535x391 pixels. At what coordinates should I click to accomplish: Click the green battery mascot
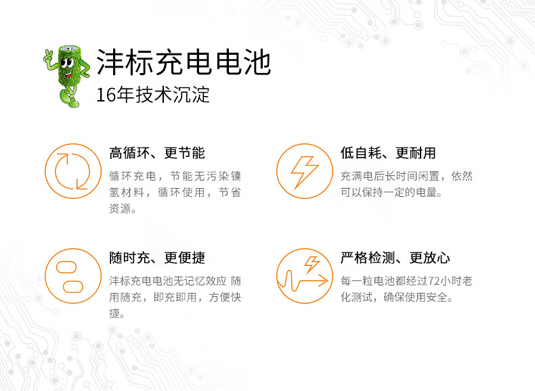tap(68, 76)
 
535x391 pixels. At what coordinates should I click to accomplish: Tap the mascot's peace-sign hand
tap(49, 57)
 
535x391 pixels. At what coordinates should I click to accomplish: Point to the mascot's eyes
tap(67, 62)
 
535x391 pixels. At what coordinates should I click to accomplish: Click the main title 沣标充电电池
tap(184, 62)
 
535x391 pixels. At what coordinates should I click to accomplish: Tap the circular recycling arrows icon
tap(73, 171)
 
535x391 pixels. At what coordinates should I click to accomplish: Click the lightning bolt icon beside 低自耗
tap(304, 171)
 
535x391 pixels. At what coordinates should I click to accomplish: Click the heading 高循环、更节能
tap(157, 153)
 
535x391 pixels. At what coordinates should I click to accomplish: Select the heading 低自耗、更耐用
tap(388, 153)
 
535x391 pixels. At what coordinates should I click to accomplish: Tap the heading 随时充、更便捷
tap(157, 258)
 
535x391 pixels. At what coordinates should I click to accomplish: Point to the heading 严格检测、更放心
tap(395, 258)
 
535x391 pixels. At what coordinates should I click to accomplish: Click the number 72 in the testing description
tap(433, 281)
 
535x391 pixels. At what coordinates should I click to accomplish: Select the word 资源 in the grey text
tap(120, 208)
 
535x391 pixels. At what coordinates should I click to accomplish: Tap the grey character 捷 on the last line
tap(114, 313)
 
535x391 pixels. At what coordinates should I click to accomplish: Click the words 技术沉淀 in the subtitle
tap(173, 95)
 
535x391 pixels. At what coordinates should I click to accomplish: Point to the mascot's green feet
tap(69, 100)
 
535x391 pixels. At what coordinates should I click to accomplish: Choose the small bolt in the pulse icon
tap(312, 264)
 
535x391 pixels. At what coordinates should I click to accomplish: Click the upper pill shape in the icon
tap(66, 267)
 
